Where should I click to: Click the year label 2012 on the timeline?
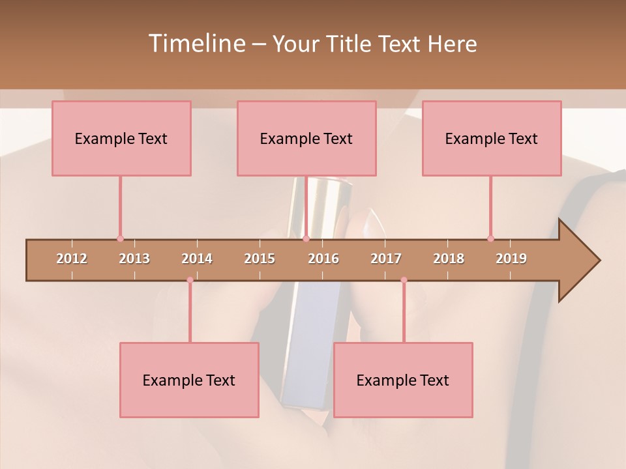tap(72, 259)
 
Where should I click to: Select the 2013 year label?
tap(134, 259)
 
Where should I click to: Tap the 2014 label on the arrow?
tap(197, 259)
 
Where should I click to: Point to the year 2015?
tap(260, 259)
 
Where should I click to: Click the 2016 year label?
tap(323, 259)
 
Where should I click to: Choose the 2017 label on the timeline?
tap(386, 259)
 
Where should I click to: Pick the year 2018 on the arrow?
tap(449, 259)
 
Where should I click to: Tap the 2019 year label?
tap(511, 259)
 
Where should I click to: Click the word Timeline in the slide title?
tap(196, 44)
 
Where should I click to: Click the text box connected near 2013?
tap(121, 138)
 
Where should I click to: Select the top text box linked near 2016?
tap(306, 138)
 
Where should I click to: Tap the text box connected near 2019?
tap(492, 138)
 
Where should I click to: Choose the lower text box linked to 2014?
tap(189, 380)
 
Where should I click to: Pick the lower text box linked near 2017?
tap(403, 380)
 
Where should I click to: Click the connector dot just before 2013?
tap(120, 238)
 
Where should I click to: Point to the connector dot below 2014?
tap(190, 279)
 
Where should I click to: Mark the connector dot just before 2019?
tap(490, 238)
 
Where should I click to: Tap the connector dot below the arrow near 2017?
tap(404, 279)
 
